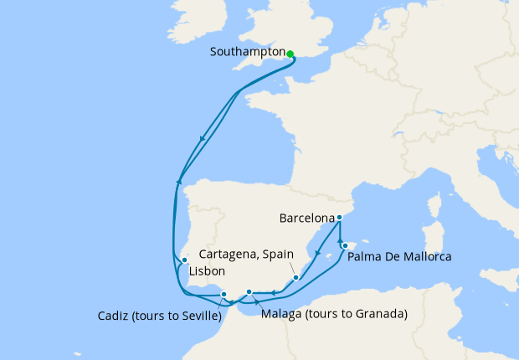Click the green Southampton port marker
click(x=290, y=54)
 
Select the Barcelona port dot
click(x=339, y=218)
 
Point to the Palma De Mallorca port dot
click(x=345, y=245)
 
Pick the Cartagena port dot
click(x=295, y=278)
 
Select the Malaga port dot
click(x=249, y=292)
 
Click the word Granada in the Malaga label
click(x=379, y=315)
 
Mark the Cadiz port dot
click(x=224, y=294)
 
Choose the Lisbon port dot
click(x=184, y=260)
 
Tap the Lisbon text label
click(x=206, y=273)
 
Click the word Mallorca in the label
click(x=424, y=257)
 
